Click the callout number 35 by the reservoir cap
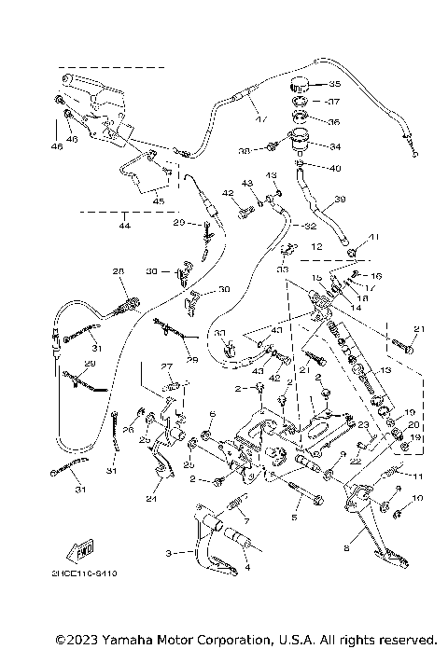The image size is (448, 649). pyautogui.click(x=335, y=83)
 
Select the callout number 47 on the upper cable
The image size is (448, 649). pyautogui.click(x=260, y=120)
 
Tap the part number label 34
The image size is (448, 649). pyautogui.click(x=335, y=146)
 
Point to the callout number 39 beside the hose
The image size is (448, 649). pyautogui.click(x=340, y=199)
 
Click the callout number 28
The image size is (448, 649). pyautogui.click(x=119, y=271)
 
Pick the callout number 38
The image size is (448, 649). pyautogui.click(x=244, y=149)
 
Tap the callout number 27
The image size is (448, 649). pyautogui.click(x=167, y=366)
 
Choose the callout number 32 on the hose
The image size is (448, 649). pyautogui.click(x=298, y=226)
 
